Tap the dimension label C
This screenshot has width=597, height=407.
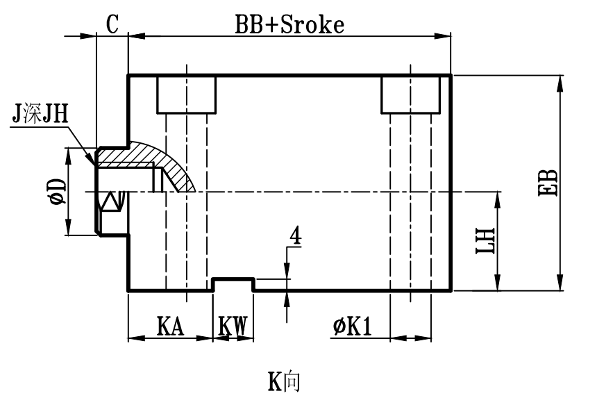coord(112,23)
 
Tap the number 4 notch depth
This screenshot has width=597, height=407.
coord(294,236)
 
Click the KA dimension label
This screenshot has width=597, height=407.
coord(169,326)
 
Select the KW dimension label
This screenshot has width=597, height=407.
coord(233,326)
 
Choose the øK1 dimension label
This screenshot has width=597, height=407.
coord(351,326)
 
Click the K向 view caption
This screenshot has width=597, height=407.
coord(284,381)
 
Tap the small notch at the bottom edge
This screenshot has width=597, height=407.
coord(233,284)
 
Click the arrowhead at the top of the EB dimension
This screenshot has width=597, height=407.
coord(560,81)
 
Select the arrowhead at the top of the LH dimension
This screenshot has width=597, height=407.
coord(498,199)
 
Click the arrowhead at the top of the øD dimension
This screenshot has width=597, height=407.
coord(68,152)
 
